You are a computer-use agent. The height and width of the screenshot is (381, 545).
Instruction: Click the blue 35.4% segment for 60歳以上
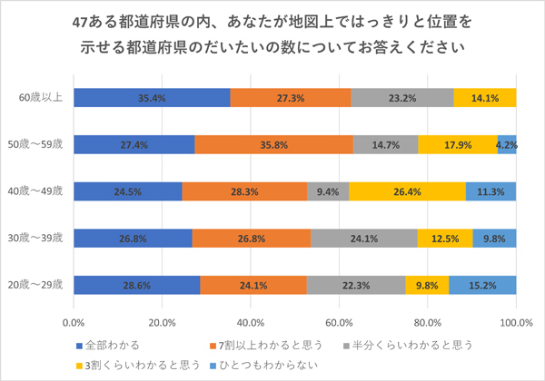pos(151,97)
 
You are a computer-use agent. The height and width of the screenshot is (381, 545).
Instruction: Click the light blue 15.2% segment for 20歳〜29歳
pos(482,285)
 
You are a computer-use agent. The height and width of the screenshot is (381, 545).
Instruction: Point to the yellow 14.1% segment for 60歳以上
pos(485,97)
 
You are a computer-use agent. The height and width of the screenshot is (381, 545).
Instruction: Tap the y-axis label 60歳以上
pos(43,96)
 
